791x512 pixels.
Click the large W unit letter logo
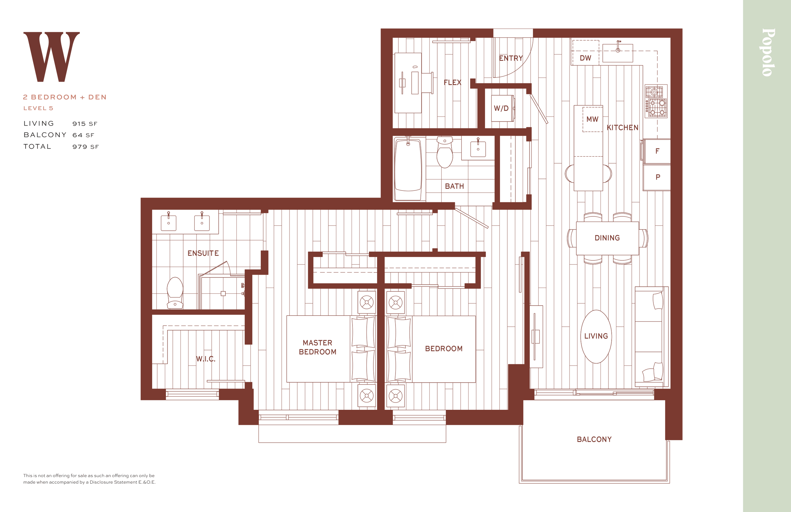[52, 57]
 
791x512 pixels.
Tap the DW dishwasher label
[585, 58]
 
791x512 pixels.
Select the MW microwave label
[592, 119]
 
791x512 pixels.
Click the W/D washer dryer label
[501, 109]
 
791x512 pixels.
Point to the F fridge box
[657, 151]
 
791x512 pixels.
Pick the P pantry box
[657, 178]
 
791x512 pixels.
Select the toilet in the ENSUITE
[175, 293]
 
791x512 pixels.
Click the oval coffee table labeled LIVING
[596, 336]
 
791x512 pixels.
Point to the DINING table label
[607, 238]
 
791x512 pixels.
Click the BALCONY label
[594, 440]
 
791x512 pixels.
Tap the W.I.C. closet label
[206, 359]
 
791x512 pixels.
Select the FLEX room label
[452, 83]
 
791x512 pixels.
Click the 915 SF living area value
[85, 124]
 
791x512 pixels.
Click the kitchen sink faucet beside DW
[618, 47]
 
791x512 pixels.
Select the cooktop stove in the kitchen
[656, 101]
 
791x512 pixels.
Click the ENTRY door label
[511, 59]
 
